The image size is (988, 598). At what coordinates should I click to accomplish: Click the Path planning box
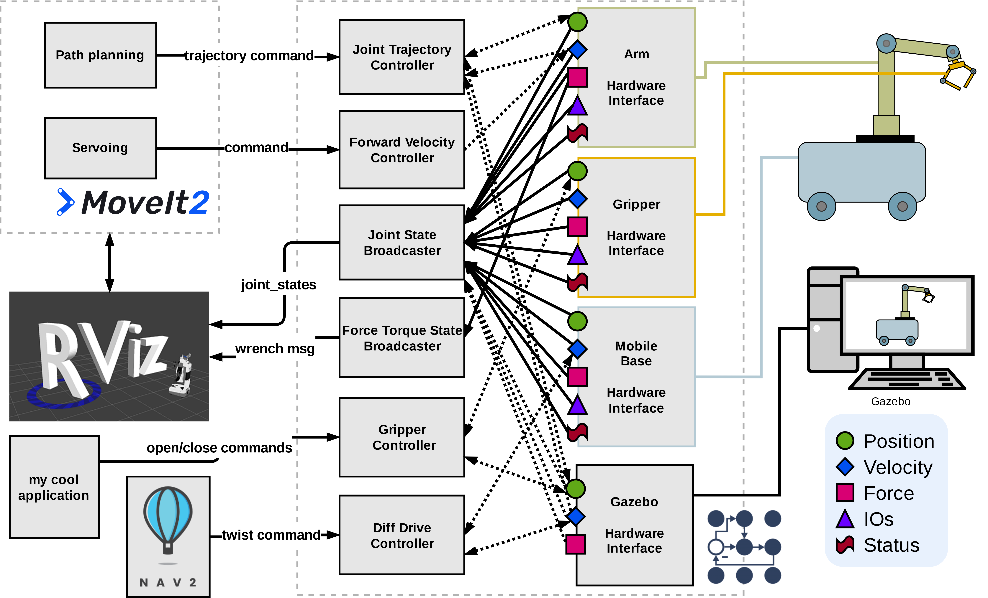(x=100, y=55)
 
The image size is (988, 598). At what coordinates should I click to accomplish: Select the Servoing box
(x=100, y=148)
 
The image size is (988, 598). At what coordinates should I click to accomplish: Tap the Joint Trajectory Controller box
(x=402, y=57)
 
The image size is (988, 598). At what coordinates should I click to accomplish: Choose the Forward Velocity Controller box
(x=402, y=149)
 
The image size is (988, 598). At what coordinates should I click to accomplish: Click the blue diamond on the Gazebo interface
(x=576, y=516)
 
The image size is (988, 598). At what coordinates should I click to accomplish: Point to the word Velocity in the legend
(x=898, y=467)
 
